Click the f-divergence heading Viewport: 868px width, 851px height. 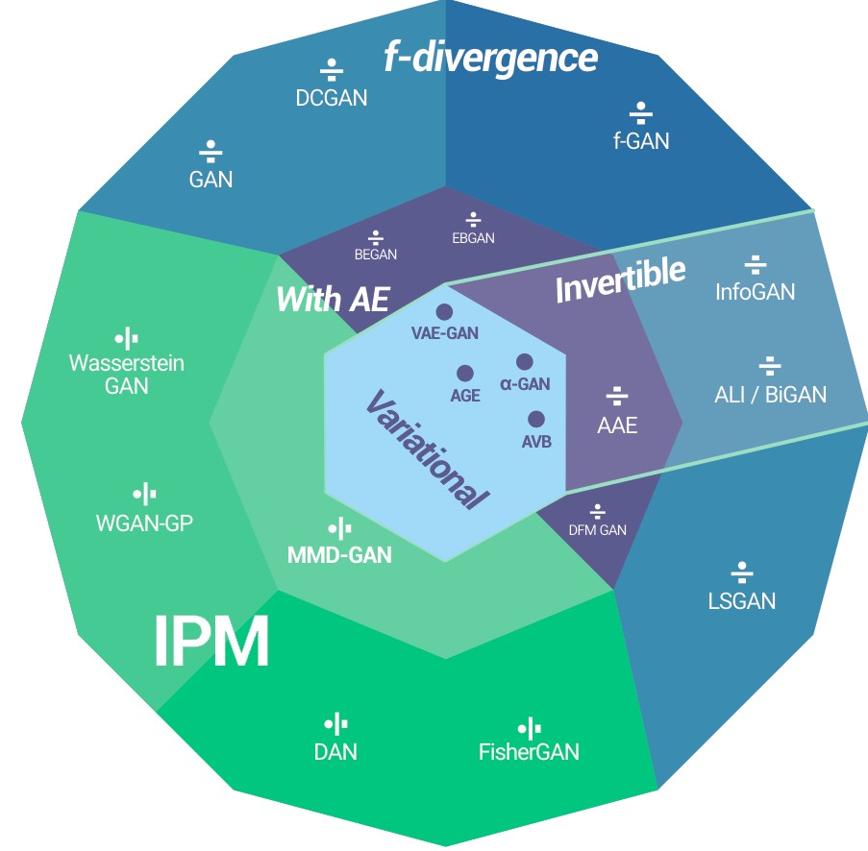click(490, 58)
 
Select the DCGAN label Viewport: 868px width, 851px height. click(331, 97)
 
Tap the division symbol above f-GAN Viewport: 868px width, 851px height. click(640, 112)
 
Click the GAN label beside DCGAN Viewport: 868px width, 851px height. click(211, 179)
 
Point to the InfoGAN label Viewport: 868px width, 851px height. click(755, 290)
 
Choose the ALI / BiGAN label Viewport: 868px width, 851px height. click(770, 394)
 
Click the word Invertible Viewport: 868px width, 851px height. click(621, 280)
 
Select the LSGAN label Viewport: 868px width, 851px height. click(740, 602)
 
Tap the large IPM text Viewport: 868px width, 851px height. click(211, 643)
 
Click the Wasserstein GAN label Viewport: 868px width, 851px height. click(126, 375)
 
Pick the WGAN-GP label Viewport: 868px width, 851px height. click(144, 523)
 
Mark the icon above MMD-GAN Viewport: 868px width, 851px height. click(339, 528)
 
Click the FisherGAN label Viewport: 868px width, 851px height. click(529, 751)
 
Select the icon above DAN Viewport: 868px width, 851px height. click(335, 724)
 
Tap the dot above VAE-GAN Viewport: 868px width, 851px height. click(444, 312)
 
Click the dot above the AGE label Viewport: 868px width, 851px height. click(465, 373)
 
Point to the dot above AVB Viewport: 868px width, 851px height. click(536, 420)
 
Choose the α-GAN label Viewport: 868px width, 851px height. click(525, 384)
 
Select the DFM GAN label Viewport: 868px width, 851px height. click(597, 530)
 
